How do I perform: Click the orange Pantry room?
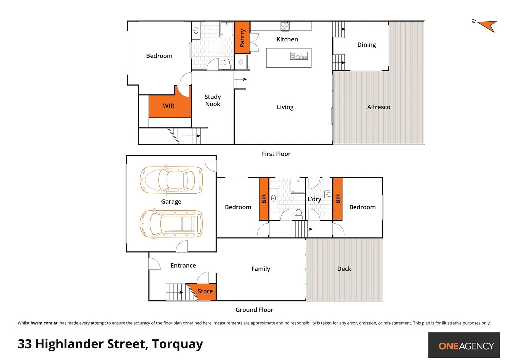pos(242,38)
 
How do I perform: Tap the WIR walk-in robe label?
pos(168,106)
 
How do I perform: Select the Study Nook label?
pos(213,100)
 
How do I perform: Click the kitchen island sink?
pos(299,56)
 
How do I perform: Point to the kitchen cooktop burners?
pos(285,26)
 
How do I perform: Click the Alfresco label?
pos(379,107)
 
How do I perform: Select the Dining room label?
pos(366,45)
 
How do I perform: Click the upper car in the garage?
pos(171,180)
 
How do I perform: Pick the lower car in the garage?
pos(171,224)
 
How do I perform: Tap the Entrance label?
pos(183,265)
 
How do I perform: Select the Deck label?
pos(344,269)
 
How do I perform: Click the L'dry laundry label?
pos(314,199)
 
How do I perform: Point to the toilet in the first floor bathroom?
pos(227,64)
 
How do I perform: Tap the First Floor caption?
pos(276,154)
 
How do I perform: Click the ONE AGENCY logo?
pos(466,346)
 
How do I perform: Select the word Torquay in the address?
pos(177,344)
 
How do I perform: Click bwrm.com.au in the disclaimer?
pos(44,323)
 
